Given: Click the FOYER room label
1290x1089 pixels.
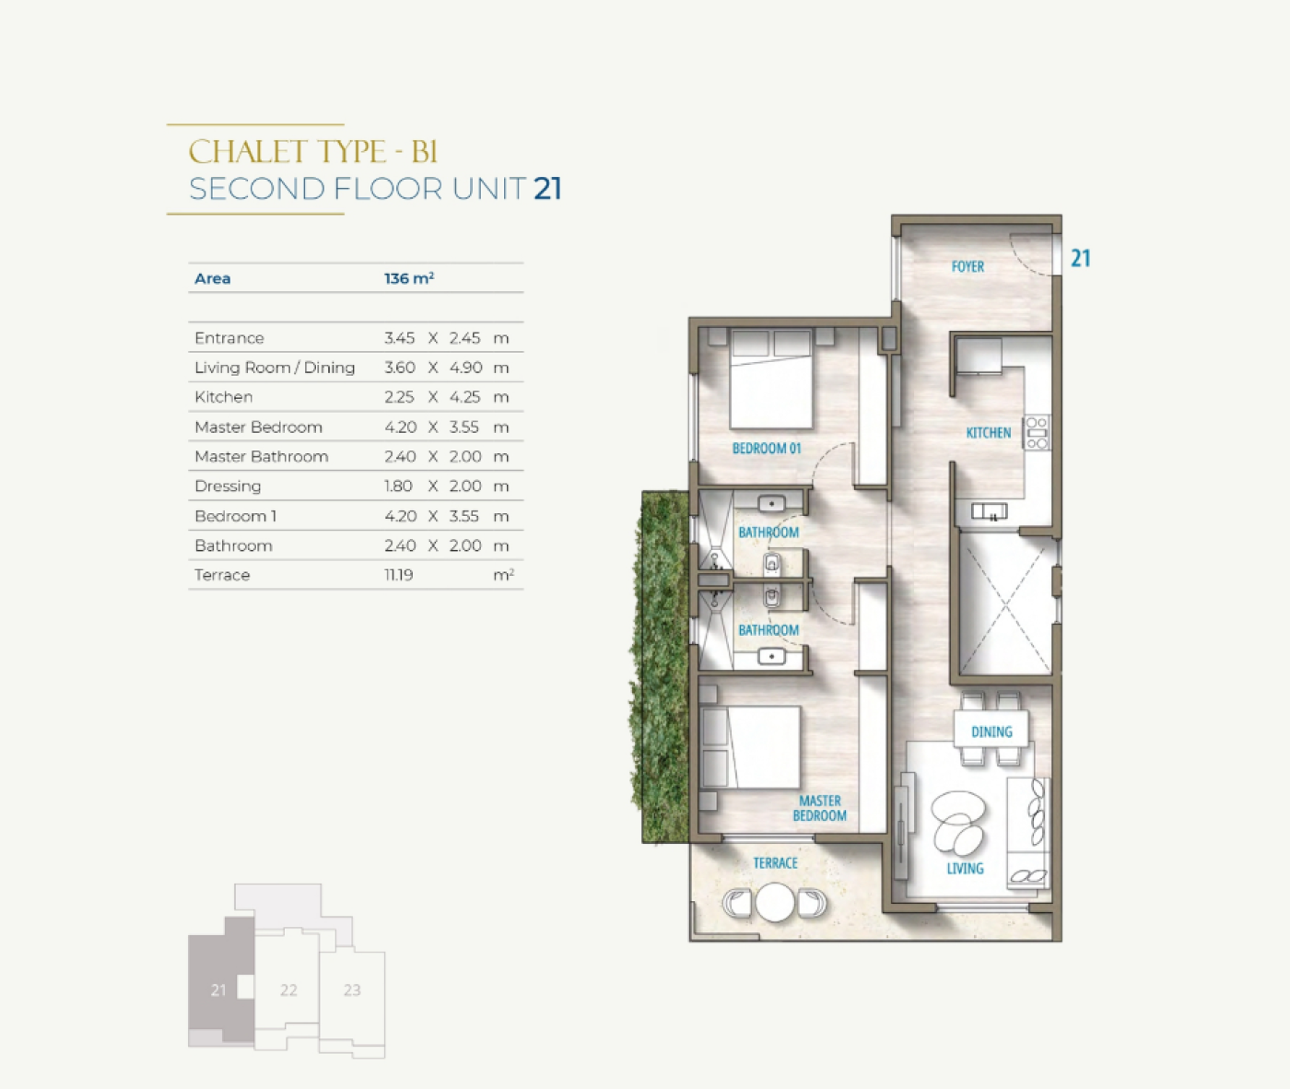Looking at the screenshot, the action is coord(967,267).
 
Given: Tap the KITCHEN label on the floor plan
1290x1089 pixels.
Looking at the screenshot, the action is coord(989,433).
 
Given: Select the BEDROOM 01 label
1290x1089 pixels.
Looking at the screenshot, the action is coord(767,449).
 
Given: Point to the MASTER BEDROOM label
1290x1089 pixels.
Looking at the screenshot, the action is coord(820,808).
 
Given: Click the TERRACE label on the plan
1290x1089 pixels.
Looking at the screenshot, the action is coord(775,863).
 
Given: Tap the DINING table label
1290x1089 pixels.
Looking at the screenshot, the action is coord(991,732).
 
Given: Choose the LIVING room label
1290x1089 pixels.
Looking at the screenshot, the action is coord(965,869).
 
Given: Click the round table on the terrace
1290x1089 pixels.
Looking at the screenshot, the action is coord(775,903).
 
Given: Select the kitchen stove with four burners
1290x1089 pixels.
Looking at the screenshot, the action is coord(1037,433).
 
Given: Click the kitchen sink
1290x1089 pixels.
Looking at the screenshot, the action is coord(989,511).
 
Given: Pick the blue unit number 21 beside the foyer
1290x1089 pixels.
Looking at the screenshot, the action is coord(1081,258).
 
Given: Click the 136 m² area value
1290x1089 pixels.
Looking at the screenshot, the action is coord(409,278).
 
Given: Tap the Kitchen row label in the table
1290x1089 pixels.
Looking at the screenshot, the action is coord(224,396).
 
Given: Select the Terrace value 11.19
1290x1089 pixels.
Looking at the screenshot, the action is coord(398,575).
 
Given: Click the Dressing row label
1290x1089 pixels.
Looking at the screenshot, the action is coord(228,486).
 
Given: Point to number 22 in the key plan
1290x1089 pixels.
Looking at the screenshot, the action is coord(288,990).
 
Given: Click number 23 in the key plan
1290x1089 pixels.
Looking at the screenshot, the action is coord(352,990).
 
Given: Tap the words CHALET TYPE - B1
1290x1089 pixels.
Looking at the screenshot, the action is coord(313,152).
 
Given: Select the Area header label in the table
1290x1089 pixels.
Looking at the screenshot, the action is coord(213,278).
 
